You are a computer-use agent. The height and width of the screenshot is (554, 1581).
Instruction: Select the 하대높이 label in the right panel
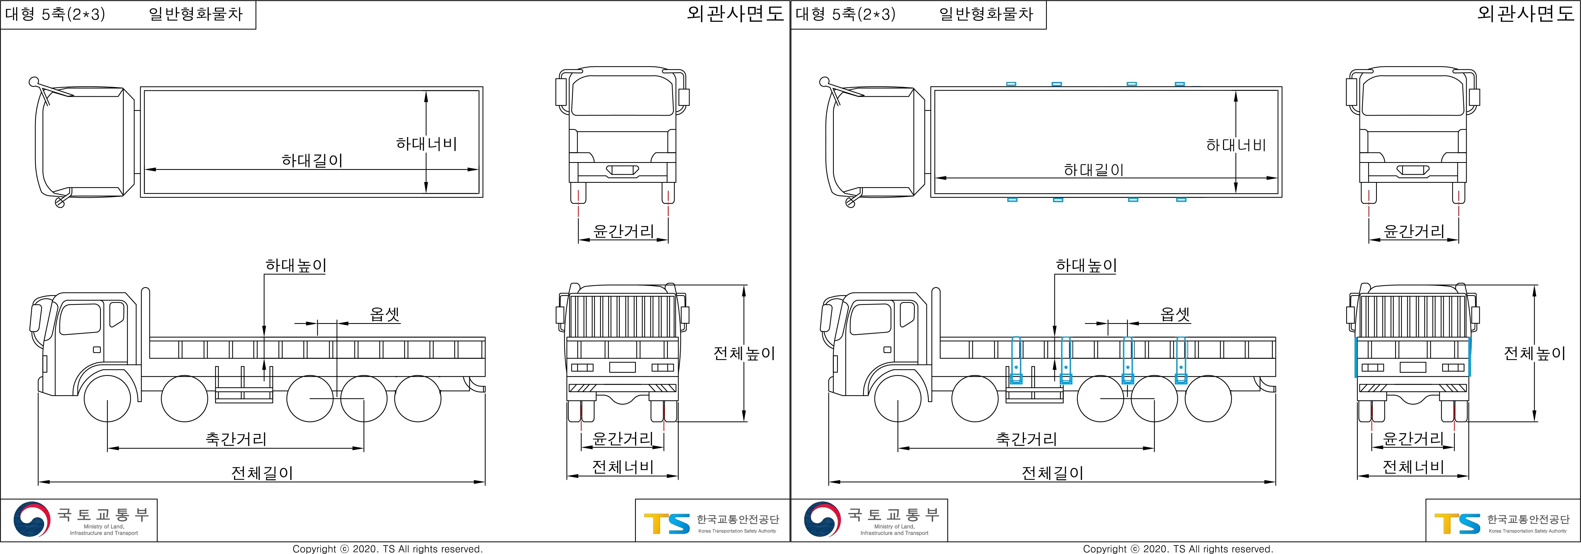(x=1086, y=266)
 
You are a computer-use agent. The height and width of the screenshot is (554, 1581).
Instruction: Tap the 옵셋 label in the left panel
(x=385, y=314)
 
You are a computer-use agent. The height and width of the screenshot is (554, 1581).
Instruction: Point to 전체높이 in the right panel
(x=1534, y=353)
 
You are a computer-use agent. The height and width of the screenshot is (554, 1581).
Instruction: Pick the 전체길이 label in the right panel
(x=1052, y=473)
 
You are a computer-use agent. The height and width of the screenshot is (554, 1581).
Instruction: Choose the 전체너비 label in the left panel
(x=622, y=467)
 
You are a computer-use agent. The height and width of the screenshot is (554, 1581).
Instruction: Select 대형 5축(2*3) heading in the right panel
(x=845, y=14)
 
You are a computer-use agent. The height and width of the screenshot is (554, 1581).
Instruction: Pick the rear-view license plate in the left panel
(x=622, y=367)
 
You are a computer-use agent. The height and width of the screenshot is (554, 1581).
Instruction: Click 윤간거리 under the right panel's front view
(x=1413, y=231)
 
